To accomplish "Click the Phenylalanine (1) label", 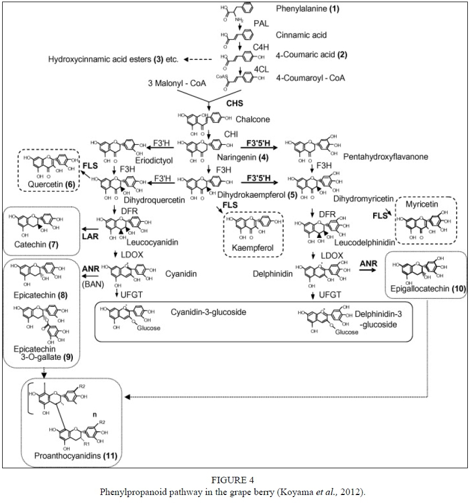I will tap(308, 9).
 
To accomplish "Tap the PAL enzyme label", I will tap(261, 25).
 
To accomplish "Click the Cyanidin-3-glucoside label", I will tap(209, 312).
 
